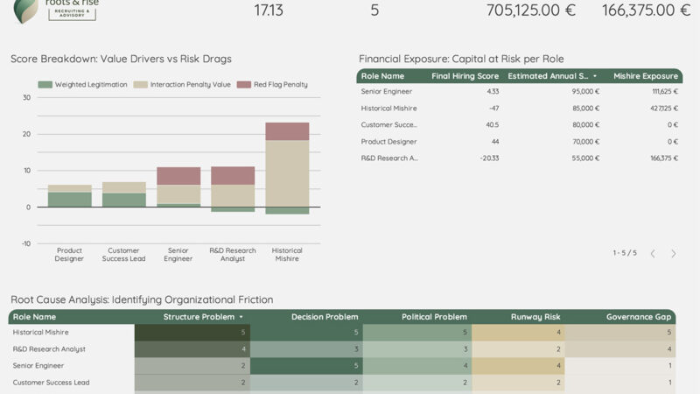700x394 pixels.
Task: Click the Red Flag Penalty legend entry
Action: (x=280, y=85)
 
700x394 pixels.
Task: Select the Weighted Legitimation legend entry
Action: (x=88, y=85)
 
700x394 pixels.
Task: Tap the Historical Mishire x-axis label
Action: (x=287, y=255)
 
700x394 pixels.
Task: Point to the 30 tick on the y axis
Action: (x=26, y=98)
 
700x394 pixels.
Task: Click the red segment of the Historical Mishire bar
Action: (x=287, y=131)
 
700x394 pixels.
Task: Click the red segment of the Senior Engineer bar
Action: (x=178, y=175)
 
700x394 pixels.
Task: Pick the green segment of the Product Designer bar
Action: (x=69, y=200)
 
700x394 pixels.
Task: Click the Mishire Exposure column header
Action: (x=645, y=76)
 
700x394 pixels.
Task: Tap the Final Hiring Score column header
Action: (x=465, y=76)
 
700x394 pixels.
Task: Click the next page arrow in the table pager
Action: (x=673, y=253)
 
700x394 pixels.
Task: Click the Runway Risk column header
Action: (x=535, y=317)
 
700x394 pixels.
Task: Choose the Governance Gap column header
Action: (x=638, y=317)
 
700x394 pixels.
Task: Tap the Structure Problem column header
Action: (x=199, y=317)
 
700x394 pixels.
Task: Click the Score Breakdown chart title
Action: (x=121, y=59)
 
